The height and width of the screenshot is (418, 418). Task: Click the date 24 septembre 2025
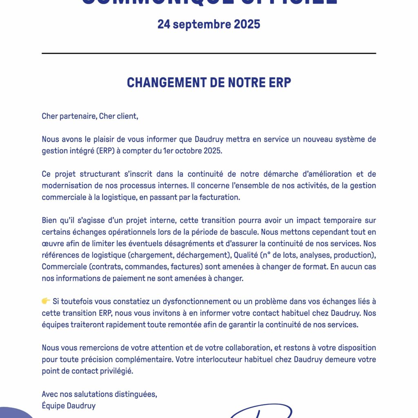(x=209, y=24)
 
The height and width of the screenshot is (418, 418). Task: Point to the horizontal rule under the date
(x=209, y=53)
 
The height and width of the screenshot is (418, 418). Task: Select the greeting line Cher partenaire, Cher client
(x=90, y=116)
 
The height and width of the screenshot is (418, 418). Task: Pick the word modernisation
(x=68, y=186)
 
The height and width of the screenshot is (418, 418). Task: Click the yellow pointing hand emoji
(x=46, y=301)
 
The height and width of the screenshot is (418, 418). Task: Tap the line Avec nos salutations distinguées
(x=99, y=394)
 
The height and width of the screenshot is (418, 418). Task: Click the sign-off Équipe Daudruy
(x=69, y=406)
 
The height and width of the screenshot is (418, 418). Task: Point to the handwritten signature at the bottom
(x=261, y=411)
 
